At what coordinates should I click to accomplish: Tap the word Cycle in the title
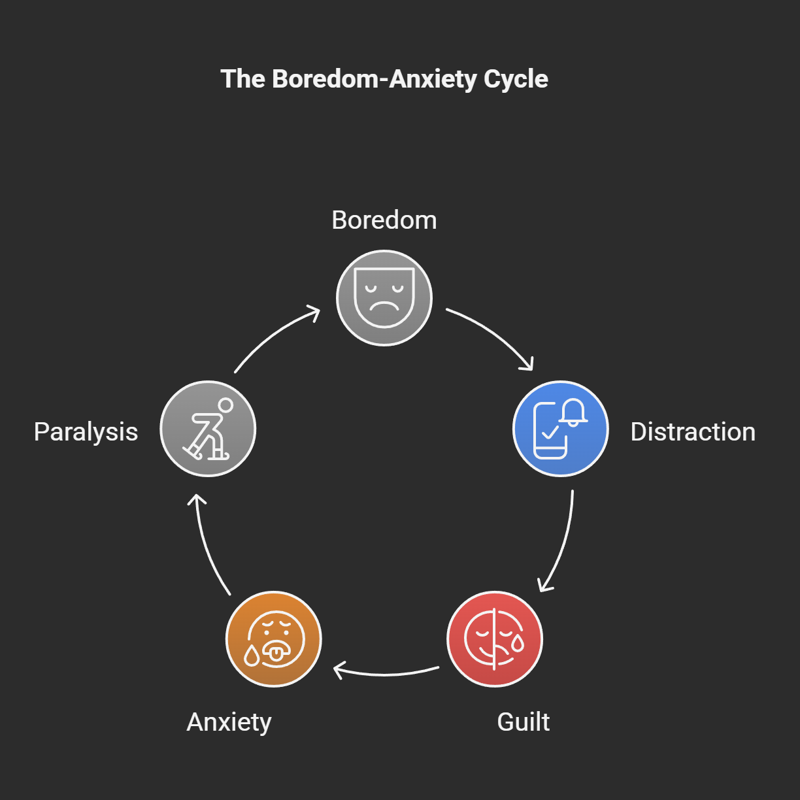[x=516, y=79]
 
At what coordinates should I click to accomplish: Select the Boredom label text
[x=384, y=220]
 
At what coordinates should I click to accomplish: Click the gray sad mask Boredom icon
[x=384, y=298]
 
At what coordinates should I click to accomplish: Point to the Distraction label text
[x=693, y=432]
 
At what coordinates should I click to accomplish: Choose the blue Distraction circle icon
[x=560, y=429]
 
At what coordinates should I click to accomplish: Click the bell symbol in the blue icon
[x=573, y=412]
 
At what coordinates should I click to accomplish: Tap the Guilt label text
[x=523, y=722]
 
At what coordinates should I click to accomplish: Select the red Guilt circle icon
[x=495, y=639]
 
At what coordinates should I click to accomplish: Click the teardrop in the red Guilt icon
[x=518, y=643]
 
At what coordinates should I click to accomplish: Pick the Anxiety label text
[x=229, y=722]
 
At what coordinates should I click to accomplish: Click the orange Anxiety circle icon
[x=274, y=639]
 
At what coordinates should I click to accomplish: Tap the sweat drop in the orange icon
[x=252, y=655]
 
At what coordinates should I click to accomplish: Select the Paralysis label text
[x=86, y=432]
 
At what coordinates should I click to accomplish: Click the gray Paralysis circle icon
[x=208, y=429]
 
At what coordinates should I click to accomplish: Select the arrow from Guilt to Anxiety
[x=386, y=673]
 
